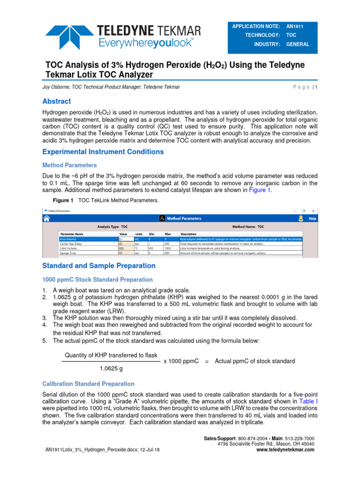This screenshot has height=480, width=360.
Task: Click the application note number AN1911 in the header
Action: pos(295,26)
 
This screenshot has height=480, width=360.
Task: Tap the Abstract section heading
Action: pos(57,101)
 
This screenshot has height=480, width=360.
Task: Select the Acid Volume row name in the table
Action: pos(69,239)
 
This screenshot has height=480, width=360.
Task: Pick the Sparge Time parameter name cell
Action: pos(69,253)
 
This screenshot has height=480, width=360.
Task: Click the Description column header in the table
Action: pos(188,233)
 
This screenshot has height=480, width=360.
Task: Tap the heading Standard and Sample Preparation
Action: pos(99,265)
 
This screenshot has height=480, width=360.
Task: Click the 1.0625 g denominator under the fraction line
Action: pos(111,368)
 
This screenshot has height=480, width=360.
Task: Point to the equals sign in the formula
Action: pos(207,361)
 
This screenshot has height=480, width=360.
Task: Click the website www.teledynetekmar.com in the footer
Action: pos(286,450)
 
